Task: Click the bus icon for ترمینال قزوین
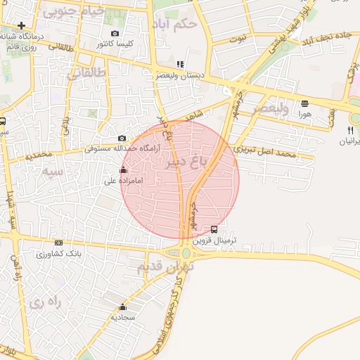[214, 229]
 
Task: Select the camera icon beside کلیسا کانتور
[115, 33]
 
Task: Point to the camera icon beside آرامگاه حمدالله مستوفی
[122, 139]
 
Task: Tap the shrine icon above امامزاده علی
[124, 170]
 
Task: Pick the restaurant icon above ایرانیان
[350, 129]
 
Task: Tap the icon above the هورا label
[304, 103]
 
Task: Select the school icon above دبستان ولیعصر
[180, 64]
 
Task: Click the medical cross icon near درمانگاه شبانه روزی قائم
[22, 26]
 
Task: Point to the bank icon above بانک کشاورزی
[59, 243]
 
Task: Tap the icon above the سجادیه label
[123, 307]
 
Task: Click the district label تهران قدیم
[165, 268]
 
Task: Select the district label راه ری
[46, 301]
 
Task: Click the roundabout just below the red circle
[186, 253]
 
